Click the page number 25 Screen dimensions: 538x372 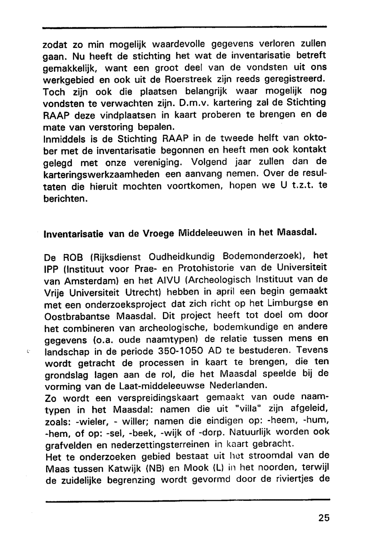coord(324,518)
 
